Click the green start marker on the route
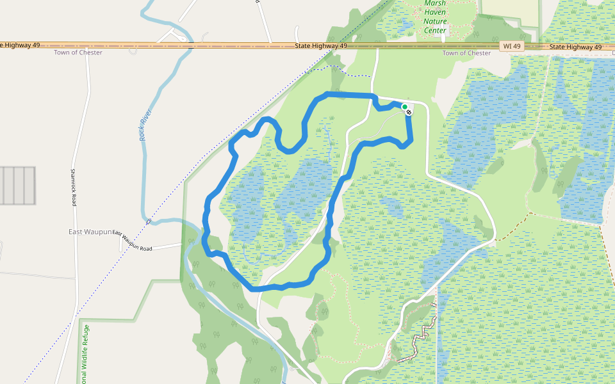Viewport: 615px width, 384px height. pos(404,107)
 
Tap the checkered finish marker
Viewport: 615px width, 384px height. pos(409,112)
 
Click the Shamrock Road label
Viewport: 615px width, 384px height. pos(74,188)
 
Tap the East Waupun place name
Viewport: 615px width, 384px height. pos(90,231)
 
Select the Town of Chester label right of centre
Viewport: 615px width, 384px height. pos(466,53)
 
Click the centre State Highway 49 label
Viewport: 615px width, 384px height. pos(321,46)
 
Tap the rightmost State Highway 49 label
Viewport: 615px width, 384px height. pos(575,47)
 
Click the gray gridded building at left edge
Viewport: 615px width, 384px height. pos(17,186)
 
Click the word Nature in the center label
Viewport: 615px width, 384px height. pos(435,21)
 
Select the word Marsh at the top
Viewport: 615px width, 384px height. pos(435,3)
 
